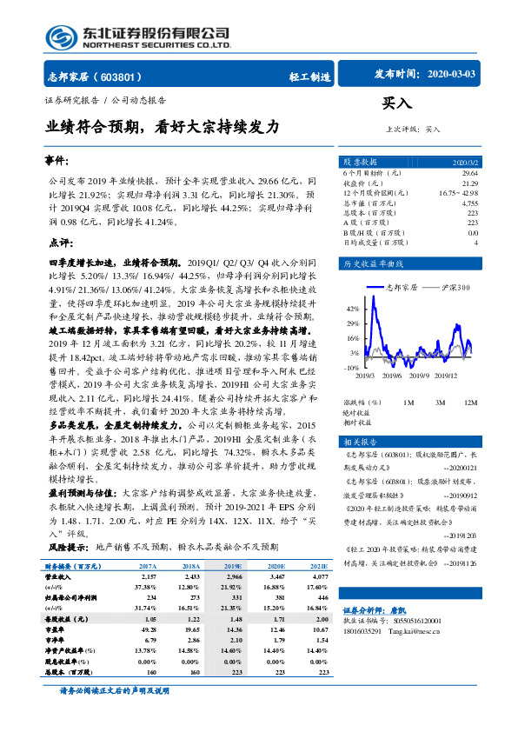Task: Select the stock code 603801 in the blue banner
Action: [127, 76]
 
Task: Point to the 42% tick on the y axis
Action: [353, 309]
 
